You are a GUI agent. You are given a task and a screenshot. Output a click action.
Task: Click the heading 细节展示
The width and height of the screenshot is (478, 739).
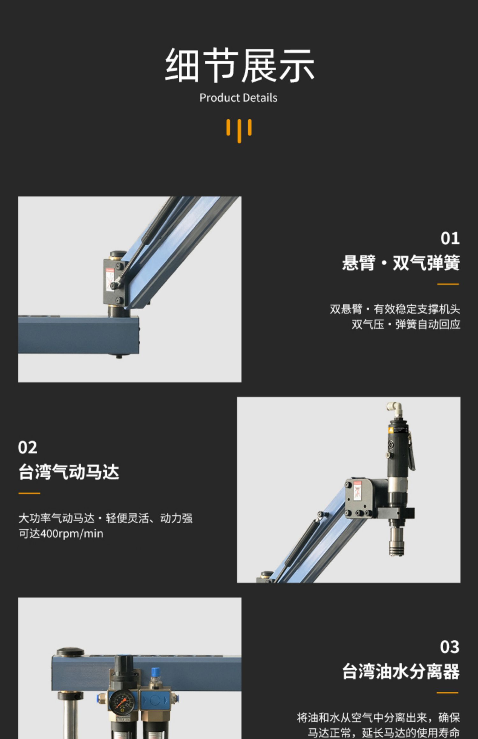coord(239,66)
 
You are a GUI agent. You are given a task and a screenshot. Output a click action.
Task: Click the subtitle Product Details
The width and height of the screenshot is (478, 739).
coord(238,98)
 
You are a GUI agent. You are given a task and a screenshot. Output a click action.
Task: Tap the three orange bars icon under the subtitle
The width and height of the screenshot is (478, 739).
coord(239,131)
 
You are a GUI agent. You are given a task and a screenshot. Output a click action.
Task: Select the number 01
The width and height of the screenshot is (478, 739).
coord(450,238)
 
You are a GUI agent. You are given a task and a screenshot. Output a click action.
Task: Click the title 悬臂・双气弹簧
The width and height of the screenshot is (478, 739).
coord(401,263)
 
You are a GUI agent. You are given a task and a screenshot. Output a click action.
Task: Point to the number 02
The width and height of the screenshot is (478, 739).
coord(28,447)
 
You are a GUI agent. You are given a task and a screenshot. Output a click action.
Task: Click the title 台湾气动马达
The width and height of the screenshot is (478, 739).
coord(69,472)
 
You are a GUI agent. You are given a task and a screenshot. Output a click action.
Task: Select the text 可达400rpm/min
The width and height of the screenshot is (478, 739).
coord(61,534)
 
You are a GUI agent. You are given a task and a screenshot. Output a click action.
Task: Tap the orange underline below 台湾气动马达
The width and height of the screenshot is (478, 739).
coord(29,493)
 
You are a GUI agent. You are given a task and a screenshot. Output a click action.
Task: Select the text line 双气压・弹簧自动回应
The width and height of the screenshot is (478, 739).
coord(406,324)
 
